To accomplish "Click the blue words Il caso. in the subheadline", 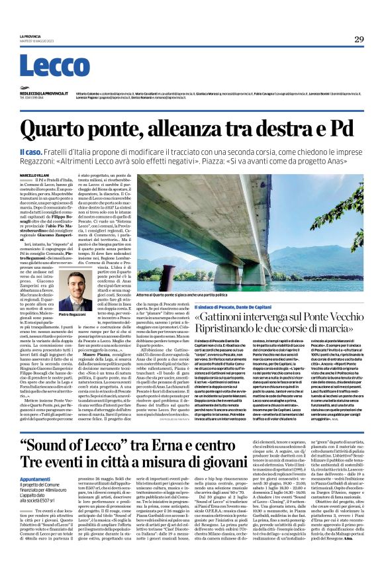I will click(x=29, y=152).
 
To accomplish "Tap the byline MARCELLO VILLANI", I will click(x=34, y=175).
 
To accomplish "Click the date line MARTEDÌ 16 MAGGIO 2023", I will click(x=37, y=42).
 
